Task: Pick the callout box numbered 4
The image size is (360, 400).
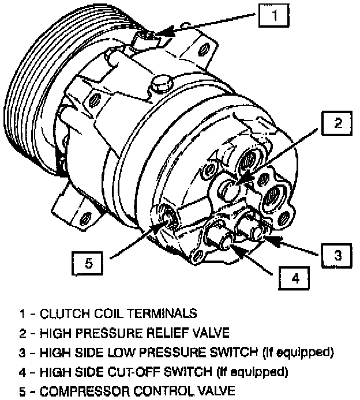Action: coord(295,279)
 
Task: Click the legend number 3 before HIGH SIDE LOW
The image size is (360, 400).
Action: coord(22,351)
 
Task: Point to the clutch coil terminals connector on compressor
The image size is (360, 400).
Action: coord(149,39)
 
